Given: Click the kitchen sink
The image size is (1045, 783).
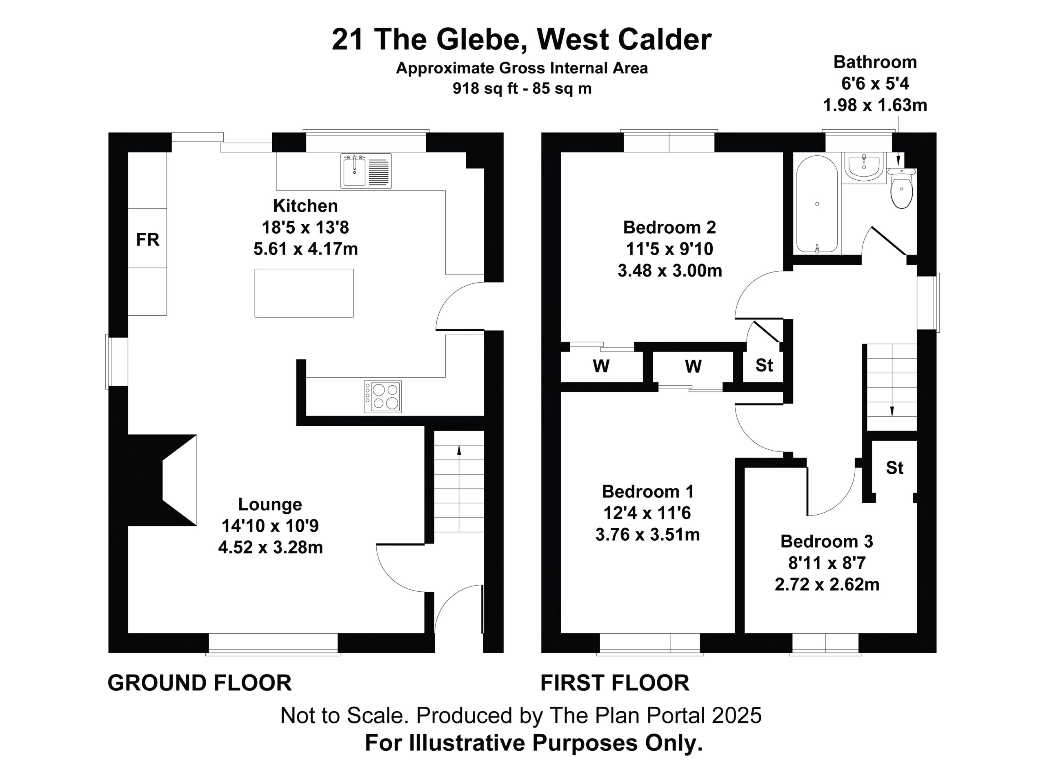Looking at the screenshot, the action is click(x=366, y=170).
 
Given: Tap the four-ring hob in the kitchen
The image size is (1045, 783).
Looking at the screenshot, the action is click(x=382, y=397).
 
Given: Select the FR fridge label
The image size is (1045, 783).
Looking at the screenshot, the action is click(x=147, y=240).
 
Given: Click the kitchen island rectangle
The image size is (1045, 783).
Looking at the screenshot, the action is click(x=304, y=293).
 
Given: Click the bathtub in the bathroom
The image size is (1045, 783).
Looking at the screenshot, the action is click(x=817, y=204).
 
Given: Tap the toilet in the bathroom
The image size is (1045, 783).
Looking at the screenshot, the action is click(x=901, y=188).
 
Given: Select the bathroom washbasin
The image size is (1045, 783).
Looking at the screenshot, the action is click(x=864, y=168).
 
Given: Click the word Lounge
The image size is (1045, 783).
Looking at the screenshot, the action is click(x=270, y=504).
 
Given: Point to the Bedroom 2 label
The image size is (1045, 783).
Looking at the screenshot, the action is click(x=669, y=228).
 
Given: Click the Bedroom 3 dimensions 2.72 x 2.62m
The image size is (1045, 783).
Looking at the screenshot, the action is click(x=827, y=585).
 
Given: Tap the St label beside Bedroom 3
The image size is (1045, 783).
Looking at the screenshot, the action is click(x=895, y=468).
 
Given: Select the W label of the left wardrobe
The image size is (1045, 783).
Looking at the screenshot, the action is click(x=601, y=366).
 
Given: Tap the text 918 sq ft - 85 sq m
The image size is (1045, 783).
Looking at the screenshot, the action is click(x=522, y=88).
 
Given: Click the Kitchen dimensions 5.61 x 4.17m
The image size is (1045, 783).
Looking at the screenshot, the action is click(x=306, y=249).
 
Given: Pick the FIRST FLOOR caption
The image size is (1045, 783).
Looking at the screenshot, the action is click(x=615, y=683).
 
